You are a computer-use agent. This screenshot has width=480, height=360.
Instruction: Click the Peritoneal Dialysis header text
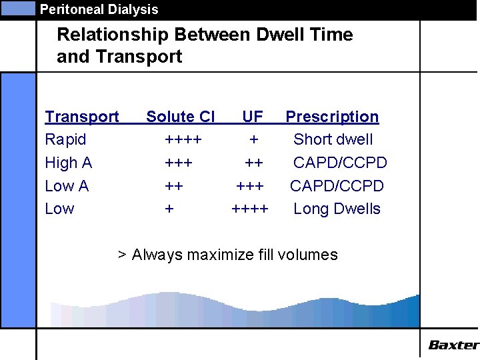(x=99, y=9)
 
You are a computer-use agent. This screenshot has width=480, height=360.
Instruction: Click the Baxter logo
(x=453, y=345)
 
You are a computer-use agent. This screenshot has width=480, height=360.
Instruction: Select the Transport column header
(x=82, y=117)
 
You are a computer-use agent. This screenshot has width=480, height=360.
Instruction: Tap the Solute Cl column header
(x=181, y=117)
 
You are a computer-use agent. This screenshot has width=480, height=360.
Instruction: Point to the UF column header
(x=253, y=117)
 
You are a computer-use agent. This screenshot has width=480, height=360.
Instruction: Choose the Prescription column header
(x=332, y=117)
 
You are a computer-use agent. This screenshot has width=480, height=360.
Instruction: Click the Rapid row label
(x=65, y=140)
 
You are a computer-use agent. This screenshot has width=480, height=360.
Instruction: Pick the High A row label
(x=68, y=163)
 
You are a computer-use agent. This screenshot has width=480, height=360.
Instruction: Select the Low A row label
(x=67, y=186)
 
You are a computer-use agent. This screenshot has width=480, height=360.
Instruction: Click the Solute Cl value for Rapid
(x=183, y=140)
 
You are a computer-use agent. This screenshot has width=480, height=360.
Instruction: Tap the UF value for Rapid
(x=253, y=140)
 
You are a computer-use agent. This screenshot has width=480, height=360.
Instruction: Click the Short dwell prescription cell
(x=333, y=140)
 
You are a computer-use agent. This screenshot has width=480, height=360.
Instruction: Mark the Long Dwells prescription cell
(x=337, y=209)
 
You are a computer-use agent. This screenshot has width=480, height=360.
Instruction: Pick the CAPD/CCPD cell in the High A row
(x=340, y=163)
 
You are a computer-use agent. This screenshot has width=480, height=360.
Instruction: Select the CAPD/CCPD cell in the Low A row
(x=337, y=186)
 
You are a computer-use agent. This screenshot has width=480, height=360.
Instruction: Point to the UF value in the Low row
(x=250, y=209)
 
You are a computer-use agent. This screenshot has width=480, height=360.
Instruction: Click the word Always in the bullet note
(x=155, y=255)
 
